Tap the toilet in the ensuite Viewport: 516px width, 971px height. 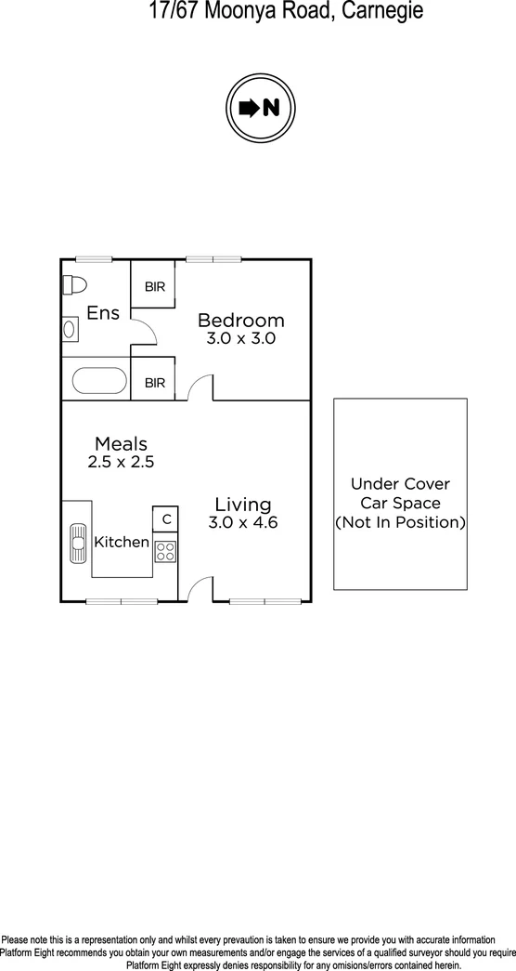[x=73, y=283]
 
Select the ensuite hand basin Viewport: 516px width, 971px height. [x=70, y=327]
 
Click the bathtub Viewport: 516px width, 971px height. [x=98, y=381]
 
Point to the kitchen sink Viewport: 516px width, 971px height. [x=75, y=543]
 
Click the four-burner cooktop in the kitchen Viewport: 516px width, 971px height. [x=165, y=551]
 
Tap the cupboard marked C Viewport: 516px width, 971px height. [x=166, y=518]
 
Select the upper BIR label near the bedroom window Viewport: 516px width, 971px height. [x=154, y=287]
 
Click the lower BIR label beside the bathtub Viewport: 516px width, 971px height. [x=154, y=382]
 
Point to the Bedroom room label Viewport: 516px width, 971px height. [x=241, y=321]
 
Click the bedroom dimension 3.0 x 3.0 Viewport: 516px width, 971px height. [x=241, y=339]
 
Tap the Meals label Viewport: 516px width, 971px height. [x=121, y=444]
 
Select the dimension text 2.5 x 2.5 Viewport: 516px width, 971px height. [x=121, y=461]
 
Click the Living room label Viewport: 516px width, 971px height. [x=243, y=505]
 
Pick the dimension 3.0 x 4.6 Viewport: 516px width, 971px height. [x=243, y=522]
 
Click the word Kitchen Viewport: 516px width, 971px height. [x=122, y=542]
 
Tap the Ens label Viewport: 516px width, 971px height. [x=103, y=313]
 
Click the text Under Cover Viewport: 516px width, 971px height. [x=400, y=484]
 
